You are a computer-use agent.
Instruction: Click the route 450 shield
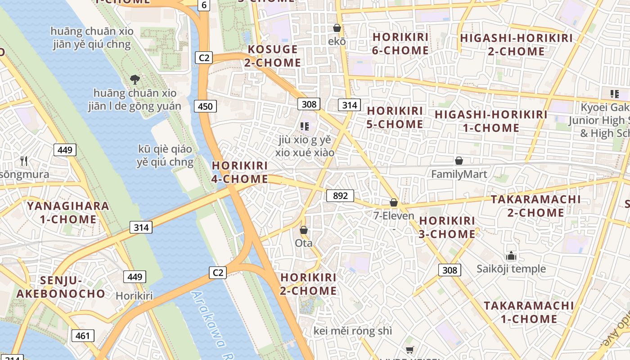205,106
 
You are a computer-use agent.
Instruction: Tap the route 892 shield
340,196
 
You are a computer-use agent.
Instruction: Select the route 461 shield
83,335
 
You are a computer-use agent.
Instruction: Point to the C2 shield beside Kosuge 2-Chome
204,58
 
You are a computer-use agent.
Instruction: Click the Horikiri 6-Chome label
400,44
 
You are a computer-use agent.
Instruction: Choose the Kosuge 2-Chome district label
273,56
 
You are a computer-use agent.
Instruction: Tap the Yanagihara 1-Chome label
68,213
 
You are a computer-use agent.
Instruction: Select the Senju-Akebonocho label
61,287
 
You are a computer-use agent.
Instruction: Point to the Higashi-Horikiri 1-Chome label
491,121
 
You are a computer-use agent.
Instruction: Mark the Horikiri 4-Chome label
240,172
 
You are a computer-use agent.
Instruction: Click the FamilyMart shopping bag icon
459,161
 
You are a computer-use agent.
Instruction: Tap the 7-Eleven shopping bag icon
394,203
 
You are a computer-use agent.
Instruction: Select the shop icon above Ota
304,230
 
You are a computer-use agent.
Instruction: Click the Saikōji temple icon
511,256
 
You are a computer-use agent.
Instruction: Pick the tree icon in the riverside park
134,80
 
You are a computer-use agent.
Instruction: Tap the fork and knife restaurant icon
24,161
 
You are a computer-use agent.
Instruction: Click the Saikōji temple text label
511,269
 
